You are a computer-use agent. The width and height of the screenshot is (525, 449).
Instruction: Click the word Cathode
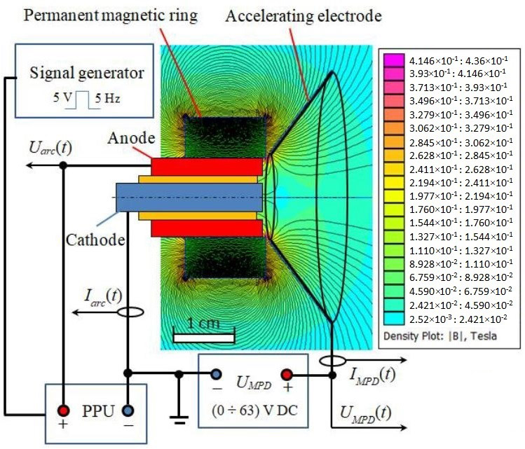(95, 240)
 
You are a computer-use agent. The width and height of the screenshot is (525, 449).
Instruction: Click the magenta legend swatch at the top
(391, 61)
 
